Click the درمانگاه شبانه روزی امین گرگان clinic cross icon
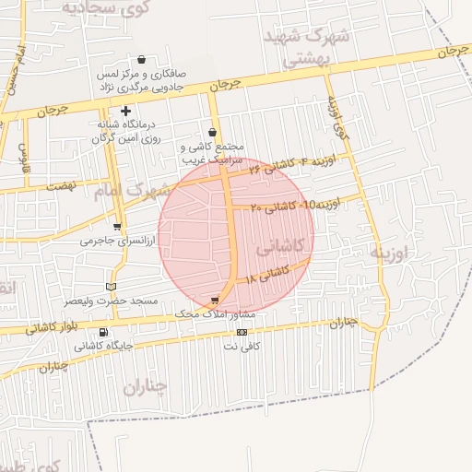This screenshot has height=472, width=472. [126, 111]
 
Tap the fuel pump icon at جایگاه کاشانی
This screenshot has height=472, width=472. [101, 332]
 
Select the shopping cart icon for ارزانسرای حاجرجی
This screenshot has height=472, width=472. [116, 226]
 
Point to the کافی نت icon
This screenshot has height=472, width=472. [242, 332]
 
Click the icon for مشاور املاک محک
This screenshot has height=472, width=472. [215, 301]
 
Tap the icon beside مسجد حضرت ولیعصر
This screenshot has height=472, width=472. [112, 286]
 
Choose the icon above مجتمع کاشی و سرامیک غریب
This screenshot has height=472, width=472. [213, 133]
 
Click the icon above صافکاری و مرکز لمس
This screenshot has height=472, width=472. [140, 58]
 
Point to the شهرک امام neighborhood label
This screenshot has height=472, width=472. [133, 192]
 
